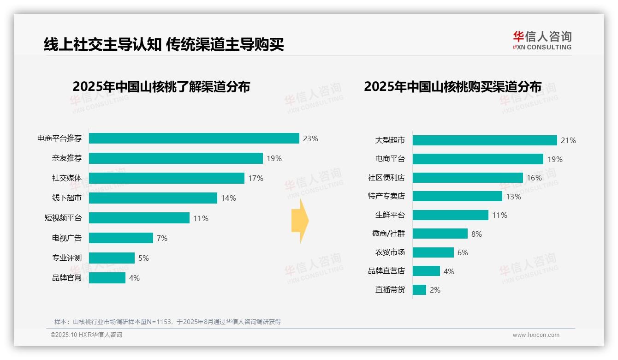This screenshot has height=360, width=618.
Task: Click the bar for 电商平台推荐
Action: click(x=194, y=138)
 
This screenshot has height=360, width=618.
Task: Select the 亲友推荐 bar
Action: click(x=176, y=158)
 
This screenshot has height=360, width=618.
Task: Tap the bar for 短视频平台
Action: click(x=139, y=218)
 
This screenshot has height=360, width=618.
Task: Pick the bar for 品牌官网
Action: click(x=107, y=278)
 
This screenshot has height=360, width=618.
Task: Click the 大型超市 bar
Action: click(x=485, y=140)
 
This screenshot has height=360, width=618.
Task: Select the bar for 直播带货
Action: click(x=419, y=290)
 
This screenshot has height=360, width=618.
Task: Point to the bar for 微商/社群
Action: click(x=440, y=234)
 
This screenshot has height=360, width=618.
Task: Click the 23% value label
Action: click(x=310, y=138)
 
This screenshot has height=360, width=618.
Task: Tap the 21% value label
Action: click(x=568, y=141)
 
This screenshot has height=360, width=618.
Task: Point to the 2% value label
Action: click(x=435, y=290)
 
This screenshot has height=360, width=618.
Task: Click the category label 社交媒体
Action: click(x=66, y=178)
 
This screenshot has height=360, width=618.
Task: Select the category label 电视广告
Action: click(x=66, y=238)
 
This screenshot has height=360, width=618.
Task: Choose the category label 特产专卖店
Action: click(x=386, y=196)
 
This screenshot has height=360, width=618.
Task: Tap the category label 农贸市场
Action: click(x=390, y=252)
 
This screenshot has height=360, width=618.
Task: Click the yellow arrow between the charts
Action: click(x=300, y=221)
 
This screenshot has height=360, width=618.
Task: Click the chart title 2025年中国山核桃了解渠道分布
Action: click(x=161, y=87)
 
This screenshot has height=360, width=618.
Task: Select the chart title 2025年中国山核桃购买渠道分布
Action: click(x=452, y=87)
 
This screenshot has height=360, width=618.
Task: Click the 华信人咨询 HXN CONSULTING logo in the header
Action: click(x=542, y=41)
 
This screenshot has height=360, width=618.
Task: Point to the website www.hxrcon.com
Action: click(x=535, y=335)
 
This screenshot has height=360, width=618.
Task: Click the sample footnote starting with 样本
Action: click(x=167, y=322)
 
